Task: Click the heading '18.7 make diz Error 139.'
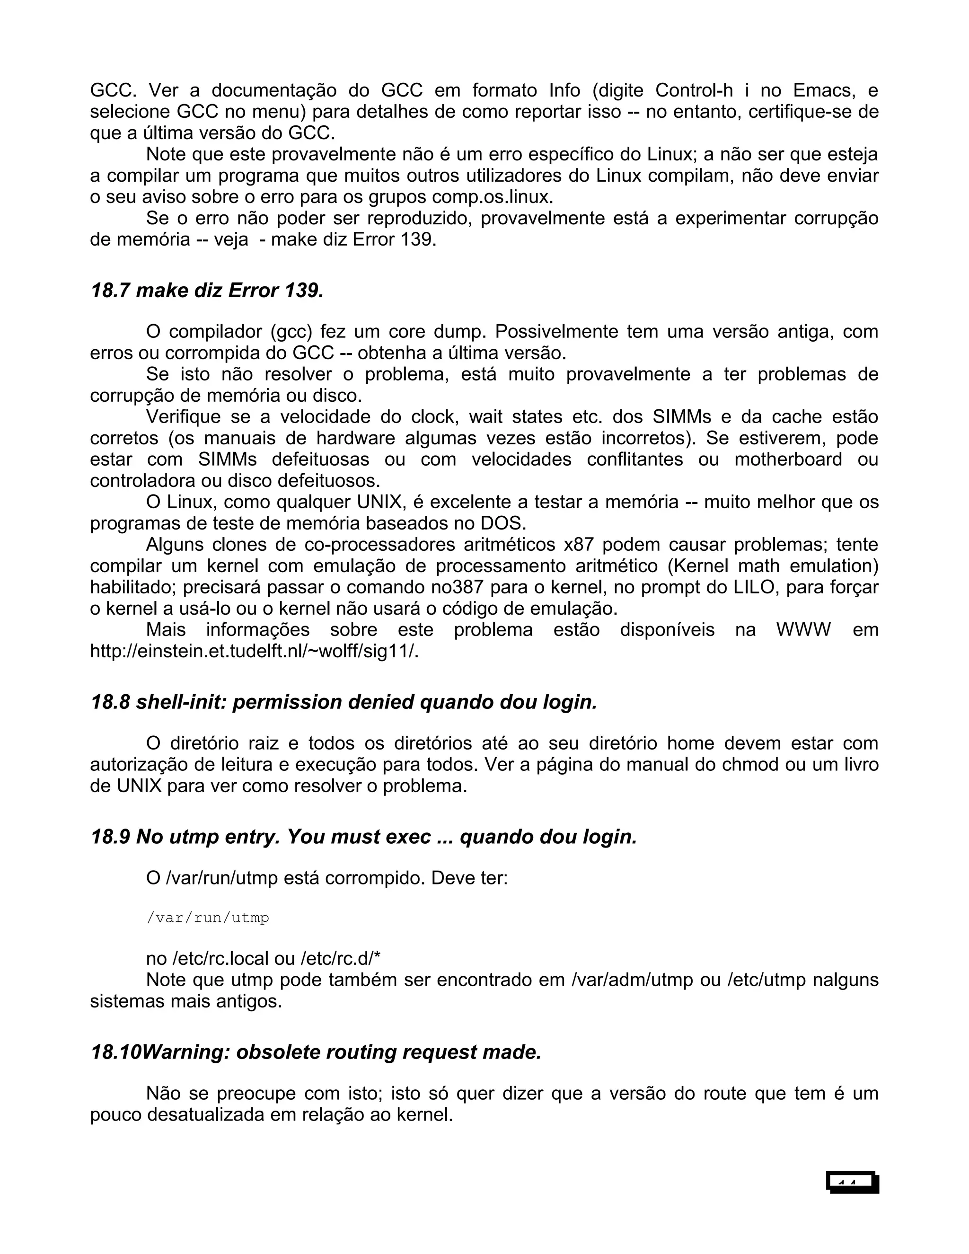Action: point(207,291)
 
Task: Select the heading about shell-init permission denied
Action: point(344,702)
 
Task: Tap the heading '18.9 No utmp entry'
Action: point(364,837)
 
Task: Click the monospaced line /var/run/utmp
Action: point(208,918)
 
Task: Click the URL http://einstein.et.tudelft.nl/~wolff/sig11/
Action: point(254,651)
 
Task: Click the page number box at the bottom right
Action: point(853,1183)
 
